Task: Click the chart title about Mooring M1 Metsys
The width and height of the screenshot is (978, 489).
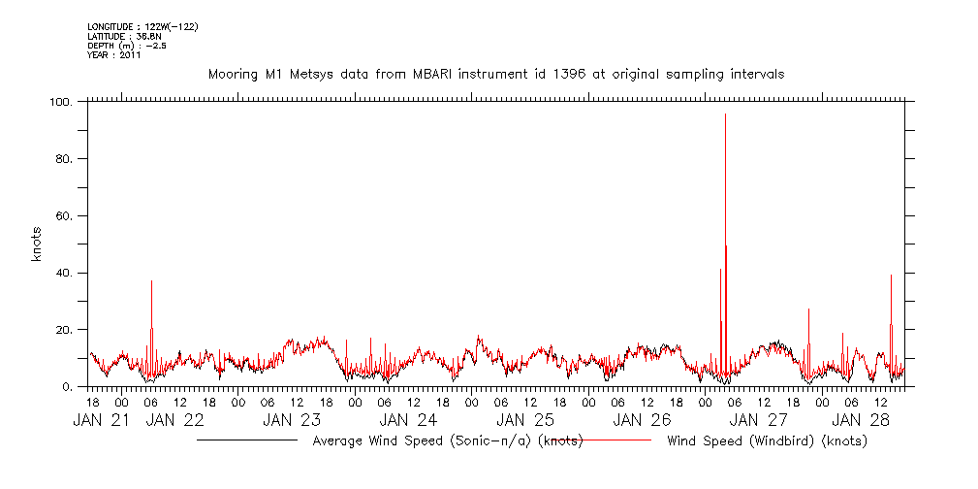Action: (496, 74)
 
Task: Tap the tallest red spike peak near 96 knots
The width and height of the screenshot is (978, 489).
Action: (725, 114)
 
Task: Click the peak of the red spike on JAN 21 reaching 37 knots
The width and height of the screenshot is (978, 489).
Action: (151, 281)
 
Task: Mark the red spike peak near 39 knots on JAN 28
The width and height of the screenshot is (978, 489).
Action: (891, 276)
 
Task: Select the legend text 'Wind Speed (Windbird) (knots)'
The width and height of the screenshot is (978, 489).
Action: (767, 440)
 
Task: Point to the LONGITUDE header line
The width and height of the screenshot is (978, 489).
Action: (142, 26)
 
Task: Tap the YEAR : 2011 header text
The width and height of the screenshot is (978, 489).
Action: (115, 55)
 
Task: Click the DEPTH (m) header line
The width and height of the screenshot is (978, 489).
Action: (127, 46)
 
